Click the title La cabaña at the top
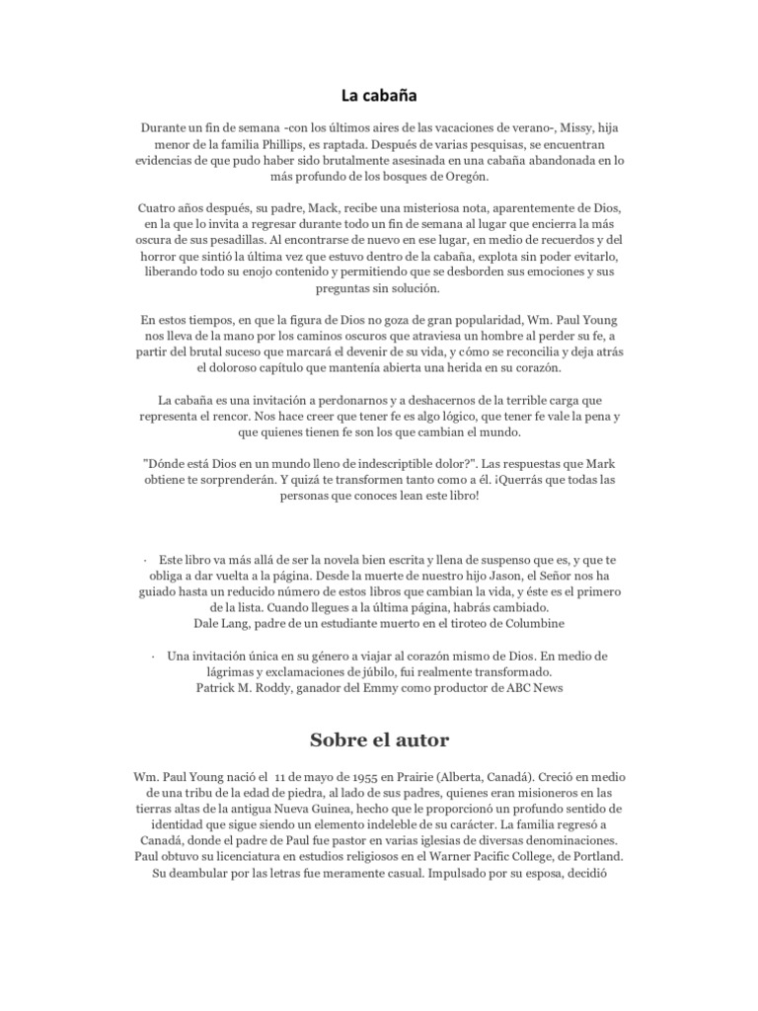[x=378, y=96]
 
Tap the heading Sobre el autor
[x=378, y=739]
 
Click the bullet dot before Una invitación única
[x=155, y=656]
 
